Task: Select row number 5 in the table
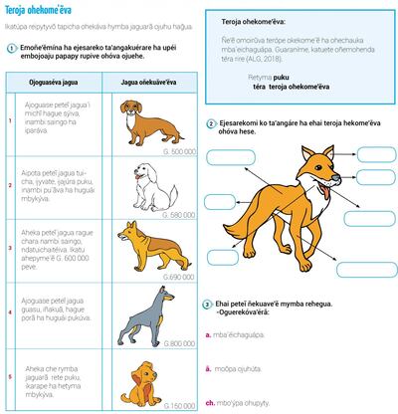pos(9,376)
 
